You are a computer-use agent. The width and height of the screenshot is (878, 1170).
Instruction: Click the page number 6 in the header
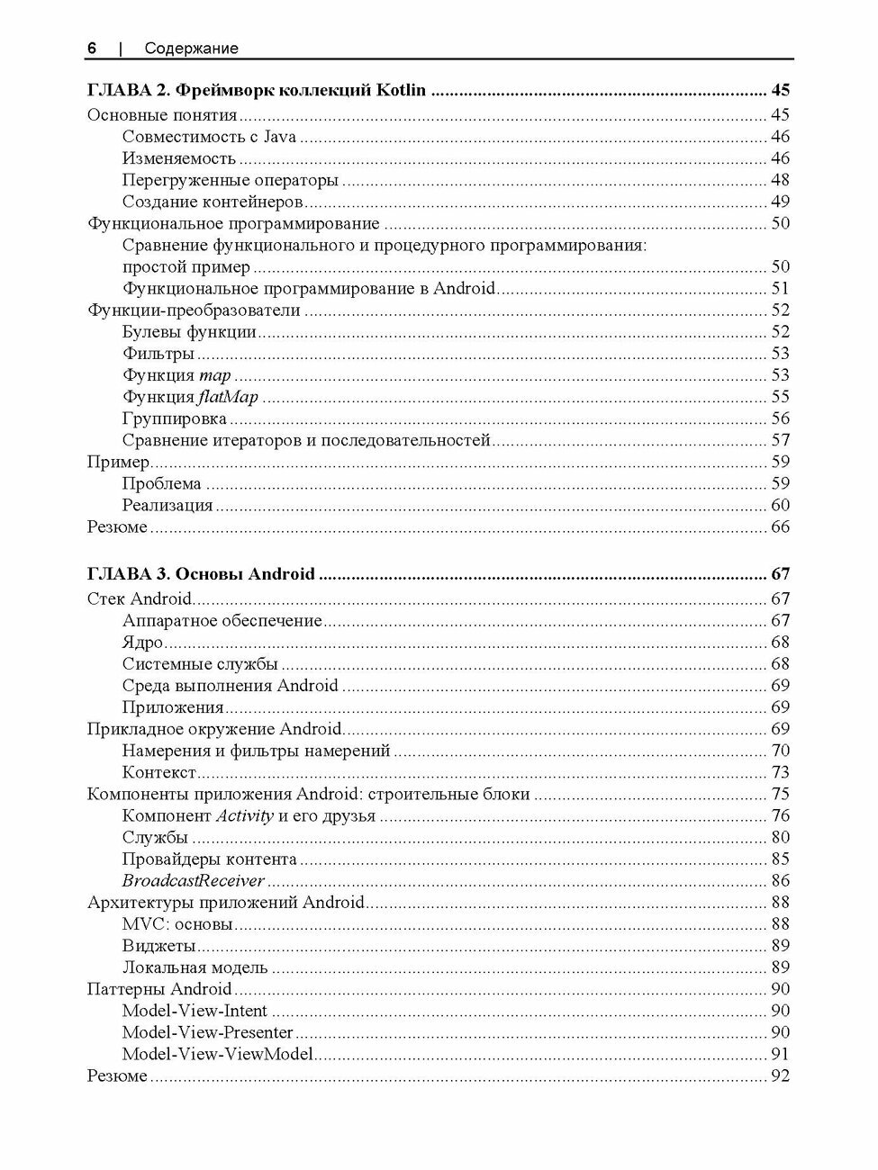[x=91, y=49]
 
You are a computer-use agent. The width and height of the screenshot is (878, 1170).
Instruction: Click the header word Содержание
[x=191, y=49]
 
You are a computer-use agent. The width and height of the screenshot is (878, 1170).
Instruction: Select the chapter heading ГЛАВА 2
[x=256, y=91]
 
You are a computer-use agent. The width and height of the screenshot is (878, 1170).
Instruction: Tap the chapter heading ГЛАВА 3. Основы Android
[x=201, y=574]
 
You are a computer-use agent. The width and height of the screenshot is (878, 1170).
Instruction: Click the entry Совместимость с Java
[x=209, y=137]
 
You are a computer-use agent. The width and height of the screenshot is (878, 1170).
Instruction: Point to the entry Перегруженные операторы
[x=230, y=180]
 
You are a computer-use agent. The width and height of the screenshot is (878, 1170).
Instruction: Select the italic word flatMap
[x=228, y=397]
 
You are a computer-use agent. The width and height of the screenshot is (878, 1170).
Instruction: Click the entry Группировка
[x=174, y=418]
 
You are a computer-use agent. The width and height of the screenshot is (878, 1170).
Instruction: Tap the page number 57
[x=780, y=440]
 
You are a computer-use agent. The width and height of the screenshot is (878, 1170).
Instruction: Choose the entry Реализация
[x=167, y=506]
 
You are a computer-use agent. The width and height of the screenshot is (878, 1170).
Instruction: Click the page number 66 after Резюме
[x=780, y=527]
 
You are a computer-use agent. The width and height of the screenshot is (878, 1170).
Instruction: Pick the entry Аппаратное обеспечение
[x=222, y=621]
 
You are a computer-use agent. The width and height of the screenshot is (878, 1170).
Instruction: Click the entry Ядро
[x=142, y=643]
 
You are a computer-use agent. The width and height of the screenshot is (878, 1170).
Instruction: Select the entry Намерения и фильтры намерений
[x=256, y=751]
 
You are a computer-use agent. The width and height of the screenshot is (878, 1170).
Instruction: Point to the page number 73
[x=780, y=772]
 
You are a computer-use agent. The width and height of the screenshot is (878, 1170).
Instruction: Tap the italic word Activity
[x=244, y=816]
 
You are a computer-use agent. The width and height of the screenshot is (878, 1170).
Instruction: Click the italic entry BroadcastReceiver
[x=193, y=881]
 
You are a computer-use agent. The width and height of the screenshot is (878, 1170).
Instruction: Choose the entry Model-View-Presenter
[x=207, y=1032]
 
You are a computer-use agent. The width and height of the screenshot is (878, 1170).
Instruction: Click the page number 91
[x=780, y=1054]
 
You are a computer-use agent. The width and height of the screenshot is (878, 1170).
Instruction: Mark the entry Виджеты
[x=158, y=946]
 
